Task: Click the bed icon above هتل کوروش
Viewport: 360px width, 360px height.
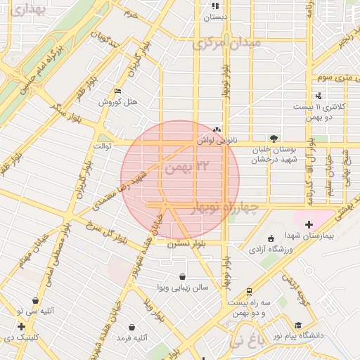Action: (117, 91)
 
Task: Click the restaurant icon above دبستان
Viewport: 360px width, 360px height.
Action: (215, 6)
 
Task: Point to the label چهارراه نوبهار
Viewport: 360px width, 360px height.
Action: (224, 207)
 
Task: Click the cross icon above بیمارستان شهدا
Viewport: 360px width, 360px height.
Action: (309, 224)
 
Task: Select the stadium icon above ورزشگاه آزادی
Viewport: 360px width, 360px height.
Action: (273, 238)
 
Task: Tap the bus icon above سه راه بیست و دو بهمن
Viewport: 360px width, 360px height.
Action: (250, 291)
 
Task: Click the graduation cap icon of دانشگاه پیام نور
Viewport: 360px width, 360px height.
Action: (299, 325)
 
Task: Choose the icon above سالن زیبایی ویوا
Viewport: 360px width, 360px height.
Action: (184, 276)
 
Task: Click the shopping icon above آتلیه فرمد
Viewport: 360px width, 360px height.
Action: (132, 328)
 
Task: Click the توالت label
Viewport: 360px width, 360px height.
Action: (104, 146)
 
